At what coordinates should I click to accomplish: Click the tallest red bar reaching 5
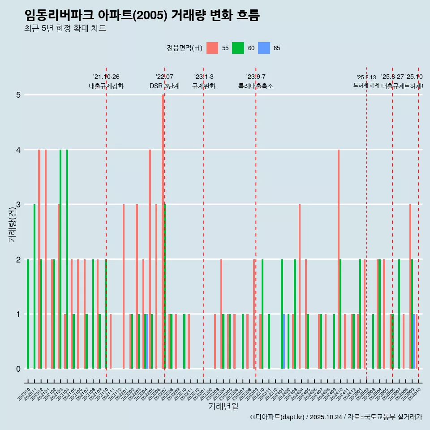click(163, 232)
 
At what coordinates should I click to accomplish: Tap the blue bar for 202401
click(284, 341)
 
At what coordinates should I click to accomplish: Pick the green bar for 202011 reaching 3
click(34, 287)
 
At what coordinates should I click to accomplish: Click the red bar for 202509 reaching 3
click(410, 287)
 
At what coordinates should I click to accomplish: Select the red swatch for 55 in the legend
click(212, 48)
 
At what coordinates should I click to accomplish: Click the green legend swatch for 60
click(238, 48)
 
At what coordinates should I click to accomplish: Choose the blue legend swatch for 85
click(264, 48)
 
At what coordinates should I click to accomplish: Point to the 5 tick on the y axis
click(18, 95)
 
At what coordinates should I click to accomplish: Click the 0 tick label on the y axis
click(18, 369)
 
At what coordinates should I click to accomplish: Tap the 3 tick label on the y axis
click(18, 205)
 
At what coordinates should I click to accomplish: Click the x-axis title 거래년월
click(223, 406)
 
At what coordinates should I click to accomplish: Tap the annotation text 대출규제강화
click(106, 86)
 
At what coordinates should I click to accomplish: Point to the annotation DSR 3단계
click(164, 86)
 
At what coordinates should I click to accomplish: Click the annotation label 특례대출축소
click(256, 86)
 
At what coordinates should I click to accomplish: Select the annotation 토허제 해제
click(366, 85)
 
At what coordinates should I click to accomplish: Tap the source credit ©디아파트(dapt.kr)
click(278, 417)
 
